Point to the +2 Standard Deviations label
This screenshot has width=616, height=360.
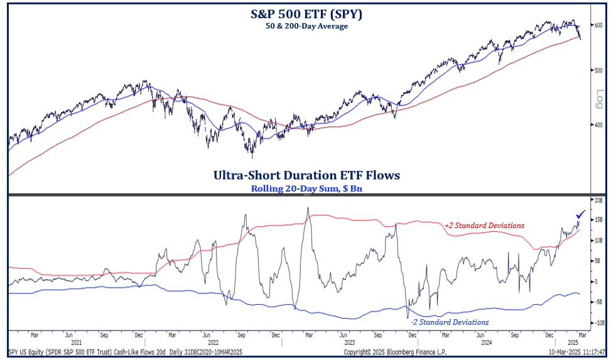point(484,226)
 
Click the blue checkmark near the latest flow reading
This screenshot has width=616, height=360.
point(581,215)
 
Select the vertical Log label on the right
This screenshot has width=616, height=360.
point(599,99)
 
